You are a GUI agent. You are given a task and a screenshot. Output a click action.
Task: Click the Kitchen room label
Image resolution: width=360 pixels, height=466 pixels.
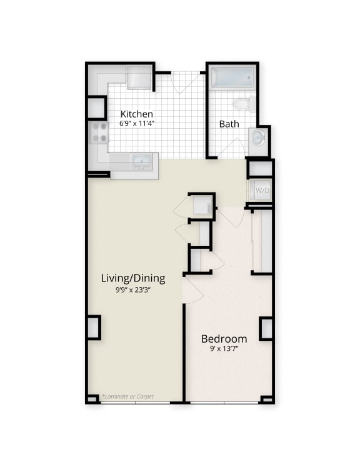[137, 114]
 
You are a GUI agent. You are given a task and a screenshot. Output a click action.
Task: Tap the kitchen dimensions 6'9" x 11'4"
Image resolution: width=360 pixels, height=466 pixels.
[137, 123]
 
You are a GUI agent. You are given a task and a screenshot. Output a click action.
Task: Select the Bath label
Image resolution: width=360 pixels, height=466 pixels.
[229, 124]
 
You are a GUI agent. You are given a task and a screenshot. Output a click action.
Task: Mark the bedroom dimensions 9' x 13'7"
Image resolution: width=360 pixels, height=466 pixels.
[224, 349]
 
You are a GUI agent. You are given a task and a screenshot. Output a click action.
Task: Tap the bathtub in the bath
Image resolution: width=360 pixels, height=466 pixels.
[232, 79]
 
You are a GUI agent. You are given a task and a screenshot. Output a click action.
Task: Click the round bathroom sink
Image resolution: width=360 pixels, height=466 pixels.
[258, 138]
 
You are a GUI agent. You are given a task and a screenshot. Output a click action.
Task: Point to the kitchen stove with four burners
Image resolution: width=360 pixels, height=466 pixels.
[99, 132]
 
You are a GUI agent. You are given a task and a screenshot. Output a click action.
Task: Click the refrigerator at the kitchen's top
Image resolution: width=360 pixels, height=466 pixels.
[139, 78]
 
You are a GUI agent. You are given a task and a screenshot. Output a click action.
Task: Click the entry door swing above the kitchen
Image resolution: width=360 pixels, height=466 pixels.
[186, 82]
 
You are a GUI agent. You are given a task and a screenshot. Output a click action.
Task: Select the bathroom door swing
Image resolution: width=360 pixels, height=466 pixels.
[232, 148]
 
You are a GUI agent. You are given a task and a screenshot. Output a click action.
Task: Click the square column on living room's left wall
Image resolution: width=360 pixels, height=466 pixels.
[94, 328]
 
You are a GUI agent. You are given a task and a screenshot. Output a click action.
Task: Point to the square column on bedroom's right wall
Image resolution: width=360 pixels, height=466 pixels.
[266, 328]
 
